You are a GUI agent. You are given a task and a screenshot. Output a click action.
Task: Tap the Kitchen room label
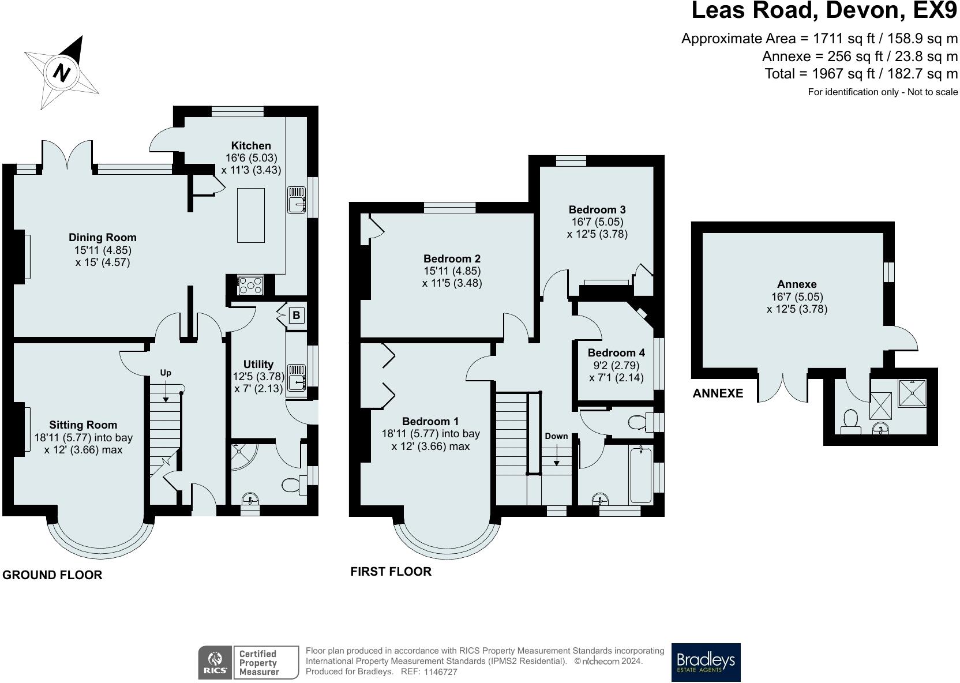pyautogui.click(x=251, y=145)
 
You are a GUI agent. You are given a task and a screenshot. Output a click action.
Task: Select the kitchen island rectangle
pyautogui.click(x=251, y=215)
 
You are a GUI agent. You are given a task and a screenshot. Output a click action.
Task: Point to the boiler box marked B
pyautogui.click(x=296, y=316)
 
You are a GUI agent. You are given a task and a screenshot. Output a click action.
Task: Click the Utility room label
pyautogui.click(x=258, y=364)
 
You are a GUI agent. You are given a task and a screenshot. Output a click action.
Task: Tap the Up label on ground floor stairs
pyautogui.click(x=166, y=373)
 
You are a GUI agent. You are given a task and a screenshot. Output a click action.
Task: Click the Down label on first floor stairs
pyautogui.click(x=556, y=436)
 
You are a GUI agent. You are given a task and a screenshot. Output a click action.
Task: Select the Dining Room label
pyautogui.click(x=103, y=237)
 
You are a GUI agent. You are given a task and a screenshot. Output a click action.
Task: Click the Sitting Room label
pyautogui.click(x=83, y=425)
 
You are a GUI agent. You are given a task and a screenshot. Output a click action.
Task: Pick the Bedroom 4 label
pyautogui.click(x=616, y=352)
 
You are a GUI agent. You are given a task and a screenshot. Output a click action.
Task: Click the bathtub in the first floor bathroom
pyautogui.click(x=641, y=475)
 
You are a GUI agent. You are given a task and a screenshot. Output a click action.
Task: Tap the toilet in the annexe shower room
pyautogui.click(x=851, y=421)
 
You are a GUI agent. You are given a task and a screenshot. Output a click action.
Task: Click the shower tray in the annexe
pyautogui.click(x=912, y=393)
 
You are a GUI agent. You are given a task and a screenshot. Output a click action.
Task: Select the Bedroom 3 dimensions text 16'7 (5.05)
pyautogui.click(x=597, y=222)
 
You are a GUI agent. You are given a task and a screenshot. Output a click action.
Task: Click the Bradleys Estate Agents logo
pyautogui.click(x=706, y=662)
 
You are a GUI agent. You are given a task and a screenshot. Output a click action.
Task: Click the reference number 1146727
pyautogui.click(x=440, y=672)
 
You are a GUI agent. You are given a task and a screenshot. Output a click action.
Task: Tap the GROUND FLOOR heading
pyautogui.click(x=52, y=575)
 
